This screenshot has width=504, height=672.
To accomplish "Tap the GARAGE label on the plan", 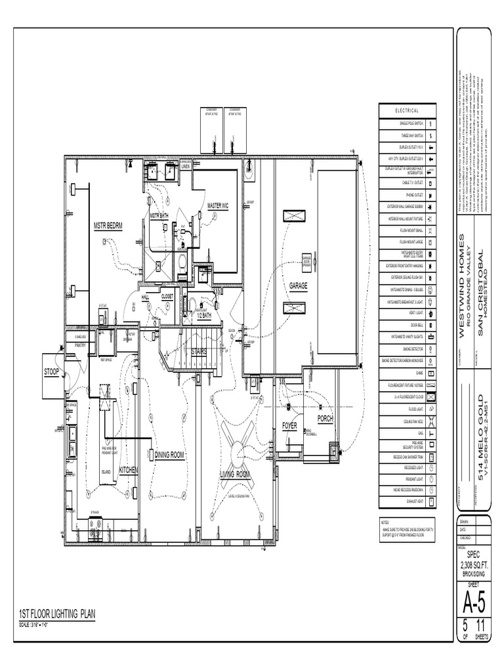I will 299,286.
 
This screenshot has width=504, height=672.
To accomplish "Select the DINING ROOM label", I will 169,454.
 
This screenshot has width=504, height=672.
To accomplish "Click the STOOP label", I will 52,372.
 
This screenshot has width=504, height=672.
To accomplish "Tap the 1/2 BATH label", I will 203,316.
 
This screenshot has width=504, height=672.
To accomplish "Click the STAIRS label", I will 199,352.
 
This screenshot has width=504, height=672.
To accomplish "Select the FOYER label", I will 289,426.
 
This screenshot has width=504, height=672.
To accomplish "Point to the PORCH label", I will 325,418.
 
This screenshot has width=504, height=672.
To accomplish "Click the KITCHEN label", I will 128,471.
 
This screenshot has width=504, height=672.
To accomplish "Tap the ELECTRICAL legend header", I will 407,110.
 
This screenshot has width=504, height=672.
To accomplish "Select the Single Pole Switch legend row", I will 407,123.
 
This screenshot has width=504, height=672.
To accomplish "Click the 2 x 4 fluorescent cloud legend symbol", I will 430,397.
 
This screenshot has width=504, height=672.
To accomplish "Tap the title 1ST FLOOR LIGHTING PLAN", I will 57,614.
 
